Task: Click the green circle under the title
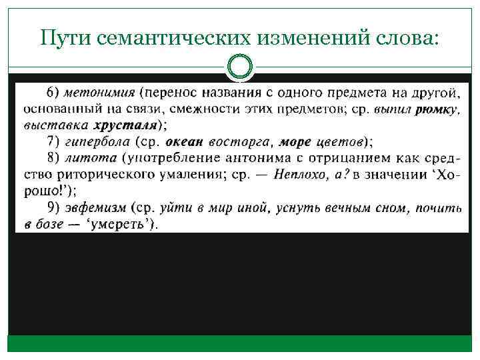click(x=240, y=67)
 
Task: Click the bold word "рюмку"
click(x=435, y=109)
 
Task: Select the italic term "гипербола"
click(x=99, y=141)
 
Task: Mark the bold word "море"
click(x=295, y=141)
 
